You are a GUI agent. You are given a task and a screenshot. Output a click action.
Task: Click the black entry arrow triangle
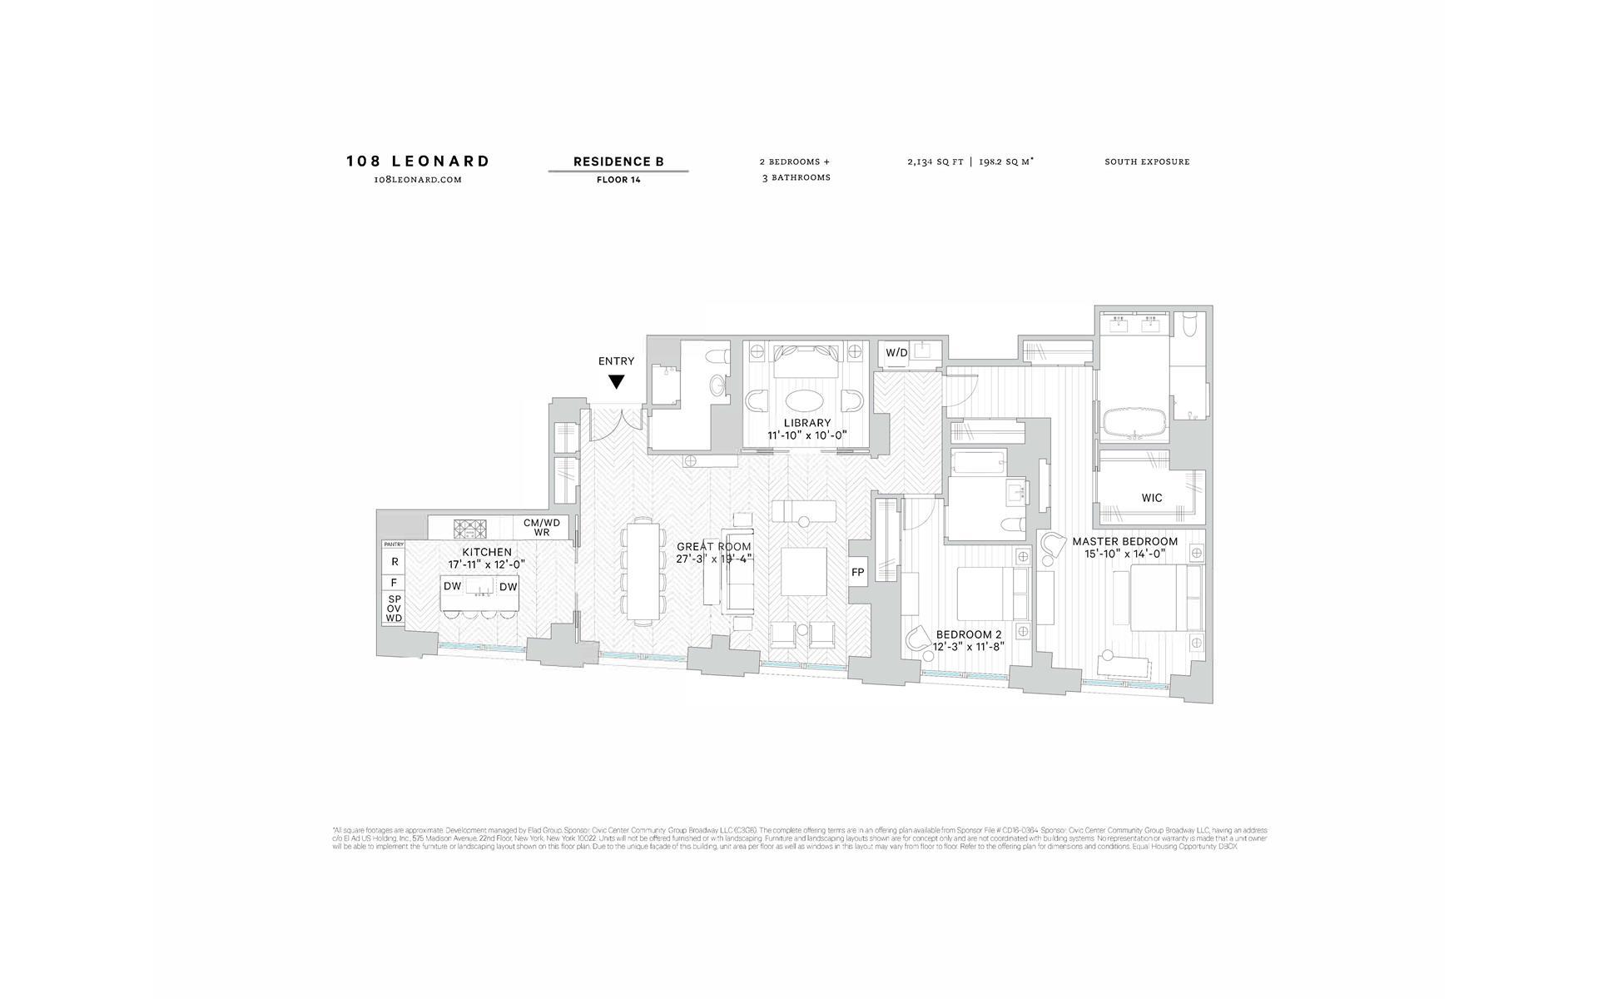(616, 382)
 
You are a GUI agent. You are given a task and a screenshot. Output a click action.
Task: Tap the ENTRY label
(616, 361)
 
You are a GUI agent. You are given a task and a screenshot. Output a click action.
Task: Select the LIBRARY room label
(806, 423)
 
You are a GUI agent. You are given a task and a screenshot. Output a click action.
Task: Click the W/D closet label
(896, 353)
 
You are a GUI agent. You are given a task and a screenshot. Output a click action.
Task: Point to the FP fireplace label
(857, 573)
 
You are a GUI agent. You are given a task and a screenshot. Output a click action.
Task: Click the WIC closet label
(1152, 498)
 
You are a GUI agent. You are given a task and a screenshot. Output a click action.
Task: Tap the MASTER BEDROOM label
(1124, 541)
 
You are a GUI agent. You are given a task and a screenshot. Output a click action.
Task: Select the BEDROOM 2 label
(969, 634)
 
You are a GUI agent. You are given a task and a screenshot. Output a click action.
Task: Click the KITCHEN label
(487, 552)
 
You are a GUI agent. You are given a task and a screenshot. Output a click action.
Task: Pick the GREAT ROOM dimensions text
(714, 559)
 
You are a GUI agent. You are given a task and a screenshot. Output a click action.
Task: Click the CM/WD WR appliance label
(542, 528)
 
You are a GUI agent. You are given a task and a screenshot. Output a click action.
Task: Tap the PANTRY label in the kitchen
(394, 544)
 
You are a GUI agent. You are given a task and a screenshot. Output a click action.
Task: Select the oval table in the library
(807, 398)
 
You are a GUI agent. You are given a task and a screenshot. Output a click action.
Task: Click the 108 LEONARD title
(418, 162)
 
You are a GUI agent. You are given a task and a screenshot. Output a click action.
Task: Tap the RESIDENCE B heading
(618, 162)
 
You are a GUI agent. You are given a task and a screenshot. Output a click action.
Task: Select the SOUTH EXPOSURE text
(1147, 162)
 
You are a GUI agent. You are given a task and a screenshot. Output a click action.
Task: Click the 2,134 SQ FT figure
(935, 162)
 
